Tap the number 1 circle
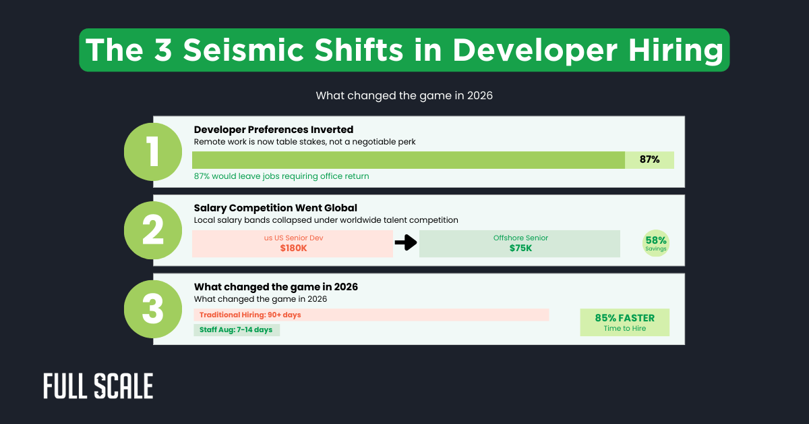(x=152, y=153)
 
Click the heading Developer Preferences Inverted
(x=274, y=130)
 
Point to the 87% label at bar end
(x=649, y=160)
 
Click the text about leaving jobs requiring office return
(x=281, y=176)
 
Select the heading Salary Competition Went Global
(x=275, y=208)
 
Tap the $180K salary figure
(x=293, y=248)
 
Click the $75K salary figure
(x=520, y=248)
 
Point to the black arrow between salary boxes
(x=406, y=243)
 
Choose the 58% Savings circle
(x=656, y=243)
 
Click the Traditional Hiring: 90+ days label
(x=250, y=315)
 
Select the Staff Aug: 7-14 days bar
(x=237, y=329)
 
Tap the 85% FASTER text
(x=624, y=317)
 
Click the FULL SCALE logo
(x=98, y=386)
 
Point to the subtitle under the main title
(x=404, y=96)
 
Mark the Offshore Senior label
(x=520, y=238)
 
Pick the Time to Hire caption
(x=624, y=328)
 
